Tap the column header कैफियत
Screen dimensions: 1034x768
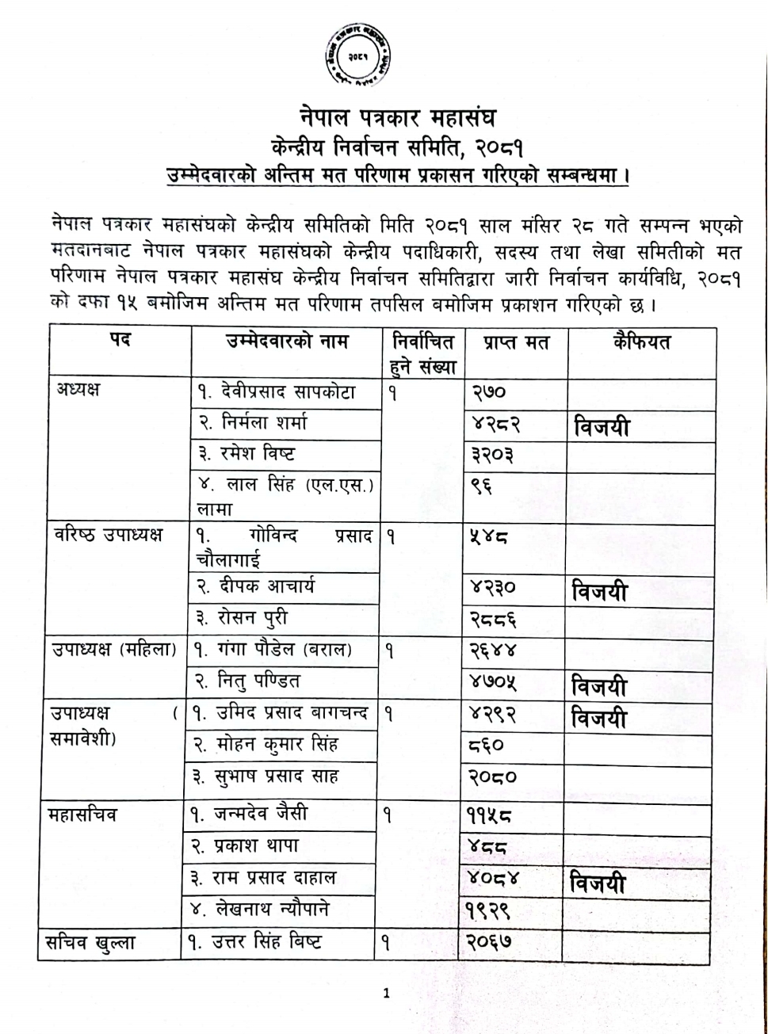point(641,342)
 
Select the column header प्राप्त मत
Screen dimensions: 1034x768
point(515,343)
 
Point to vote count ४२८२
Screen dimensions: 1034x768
point(496,425)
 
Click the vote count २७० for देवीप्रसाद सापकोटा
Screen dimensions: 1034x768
point(489,392)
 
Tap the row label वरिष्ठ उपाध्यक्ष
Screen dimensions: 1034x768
point(108,535)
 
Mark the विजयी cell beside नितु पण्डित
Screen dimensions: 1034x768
point(599,685)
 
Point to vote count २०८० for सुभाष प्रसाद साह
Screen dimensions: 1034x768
point(493,777)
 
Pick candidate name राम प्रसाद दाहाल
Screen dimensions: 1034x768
point(274,878)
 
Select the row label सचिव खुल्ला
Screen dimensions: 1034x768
point(91,943)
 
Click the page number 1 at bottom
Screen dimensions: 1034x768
point(386,994)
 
